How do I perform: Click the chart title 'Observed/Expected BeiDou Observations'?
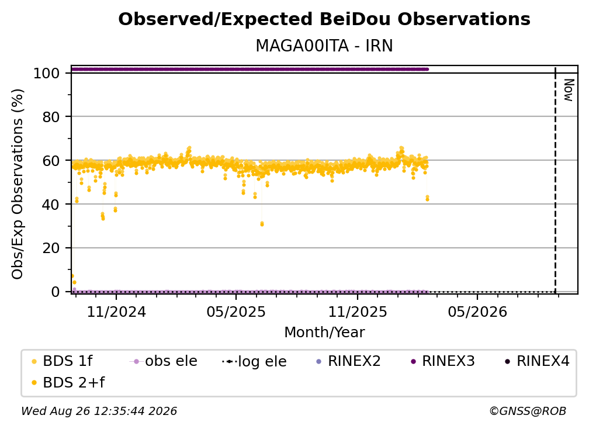click(324, 19)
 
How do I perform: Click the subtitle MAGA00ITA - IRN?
click(324, 46)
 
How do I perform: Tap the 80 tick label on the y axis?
click(51, 117)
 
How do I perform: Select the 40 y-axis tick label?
click(51, 205)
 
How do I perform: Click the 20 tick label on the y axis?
click(51, 248)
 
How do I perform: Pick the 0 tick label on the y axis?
click(56, 292)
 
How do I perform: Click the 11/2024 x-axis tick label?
click(116, 312)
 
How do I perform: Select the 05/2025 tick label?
click(236, 312)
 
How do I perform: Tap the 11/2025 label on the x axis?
click(358, 312)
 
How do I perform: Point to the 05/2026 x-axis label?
click(477, 312)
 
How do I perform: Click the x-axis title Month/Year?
click(324, 332)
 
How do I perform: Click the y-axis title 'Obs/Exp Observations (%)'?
click(18, 184)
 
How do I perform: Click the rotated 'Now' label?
click(569, 90)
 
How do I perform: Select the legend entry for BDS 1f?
click(63, 361)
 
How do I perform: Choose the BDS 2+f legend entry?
click(68, 382)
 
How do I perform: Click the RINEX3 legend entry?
click(443, 361)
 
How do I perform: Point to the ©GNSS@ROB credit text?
click(528, 411)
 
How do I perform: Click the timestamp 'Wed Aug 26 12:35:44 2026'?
click(99, 411)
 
